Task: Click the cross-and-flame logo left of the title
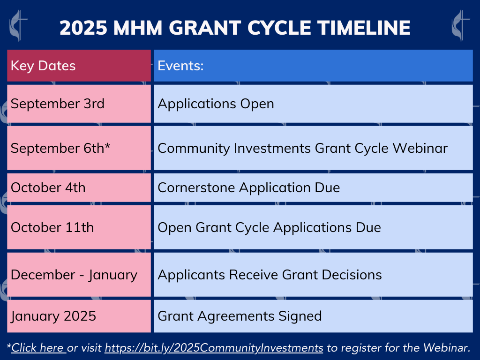coord(18,26)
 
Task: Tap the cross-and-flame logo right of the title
coord(460,26)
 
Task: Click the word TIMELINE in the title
coord(364,28)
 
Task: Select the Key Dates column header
coord(79,66)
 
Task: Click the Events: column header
coord(314,66)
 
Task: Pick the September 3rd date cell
coord(79,104)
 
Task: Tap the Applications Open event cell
coord(314,104)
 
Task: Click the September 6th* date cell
coord(79,148)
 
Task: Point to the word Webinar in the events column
coord(420,148)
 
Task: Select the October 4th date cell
coord(79,187)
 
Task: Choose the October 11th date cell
coord(79,227)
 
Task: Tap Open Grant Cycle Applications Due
coord(270,227)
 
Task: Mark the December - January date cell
coord(79,275)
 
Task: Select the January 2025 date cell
coord(79,316)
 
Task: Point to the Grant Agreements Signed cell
coord(314,316)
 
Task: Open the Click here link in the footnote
coord(38,348)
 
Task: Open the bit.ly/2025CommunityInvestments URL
coord(214,348)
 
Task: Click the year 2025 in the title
coord(83,28)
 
